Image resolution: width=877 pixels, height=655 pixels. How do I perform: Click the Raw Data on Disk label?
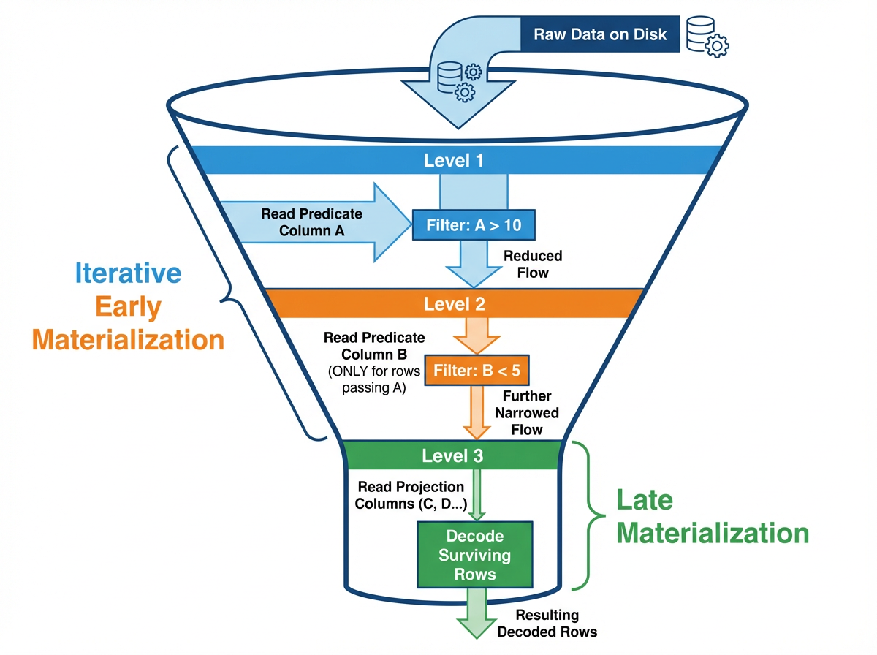(599, 34)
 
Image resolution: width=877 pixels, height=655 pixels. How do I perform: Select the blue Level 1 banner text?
(453, 160)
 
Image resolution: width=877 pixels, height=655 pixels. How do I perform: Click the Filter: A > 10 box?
(474, 225)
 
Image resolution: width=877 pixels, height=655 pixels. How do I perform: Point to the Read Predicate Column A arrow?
(322, 222)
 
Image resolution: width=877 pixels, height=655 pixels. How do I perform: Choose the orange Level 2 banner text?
(454, 303)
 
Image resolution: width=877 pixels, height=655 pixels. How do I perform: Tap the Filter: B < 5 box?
(477, 370)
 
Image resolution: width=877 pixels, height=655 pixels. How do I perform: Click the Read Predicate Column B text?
(374, 346)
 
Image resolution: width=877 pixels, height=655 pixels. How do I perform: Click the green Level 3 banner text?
(452, 456)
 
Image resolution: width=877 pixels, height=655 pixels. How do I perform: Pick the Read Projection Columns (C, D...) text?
(411, 494)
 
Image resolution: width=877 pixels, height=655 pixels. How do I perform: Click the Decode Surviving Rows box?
(475, 555)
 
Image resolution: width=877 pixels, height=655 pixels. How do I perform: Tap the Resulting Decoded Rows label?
(547, 623)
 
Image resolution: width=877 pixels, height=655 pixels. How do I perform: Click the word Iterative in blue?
(128, 273)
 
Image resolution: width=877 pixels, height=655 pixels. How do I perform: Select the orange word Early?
(127, 307)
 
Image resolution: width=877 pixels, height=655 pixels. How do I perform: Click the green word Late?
(644, 500)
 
